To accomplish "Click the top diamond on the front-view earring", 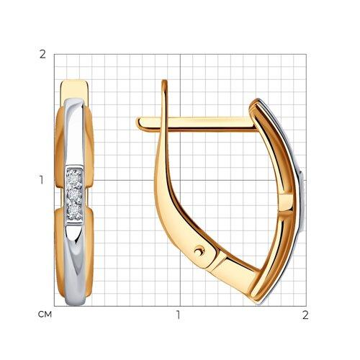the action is [x=74, y=178].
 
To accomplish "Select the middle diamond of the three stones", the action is [x=74, y=194].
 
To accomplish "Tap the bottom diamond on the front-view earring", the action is [x=74, y=210].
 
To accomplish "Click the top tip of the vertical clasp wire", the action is [x=164, y=81].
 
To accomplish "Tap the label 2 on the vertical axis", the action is [x=42, y=55].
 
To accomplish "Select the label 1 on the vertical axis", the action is [x=42, y=180].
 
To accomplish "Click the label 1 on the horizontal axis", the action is [x=178, y=315].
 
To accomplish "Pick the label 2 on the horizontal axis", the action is [x=305, y=315].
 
